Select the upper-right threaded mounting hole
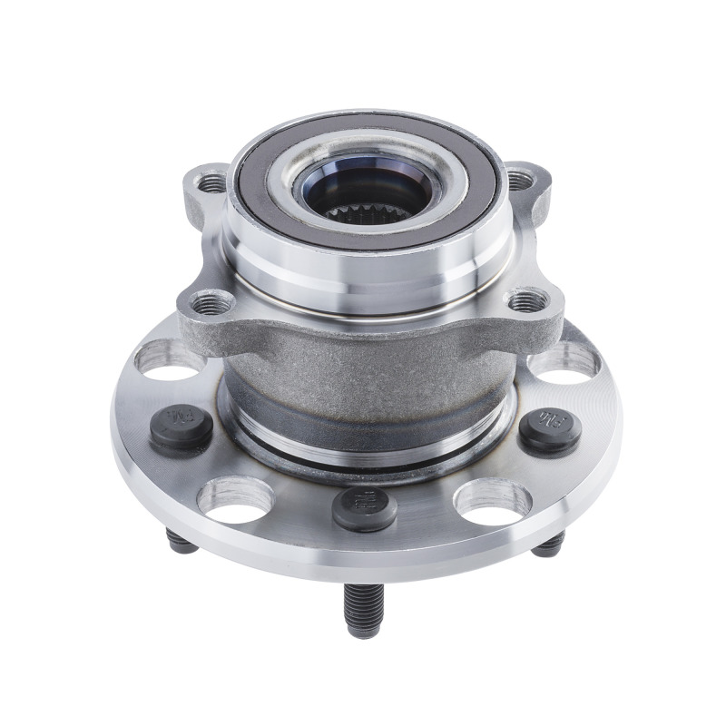point(518,180)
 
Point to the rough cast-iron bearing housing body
point(363,372)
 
